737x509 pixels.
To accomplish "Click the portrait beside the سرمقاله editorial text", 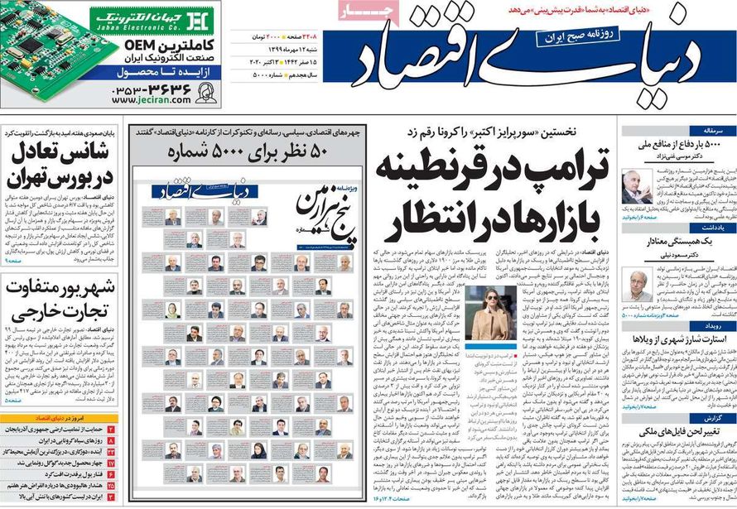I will (x=637, y=188).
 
